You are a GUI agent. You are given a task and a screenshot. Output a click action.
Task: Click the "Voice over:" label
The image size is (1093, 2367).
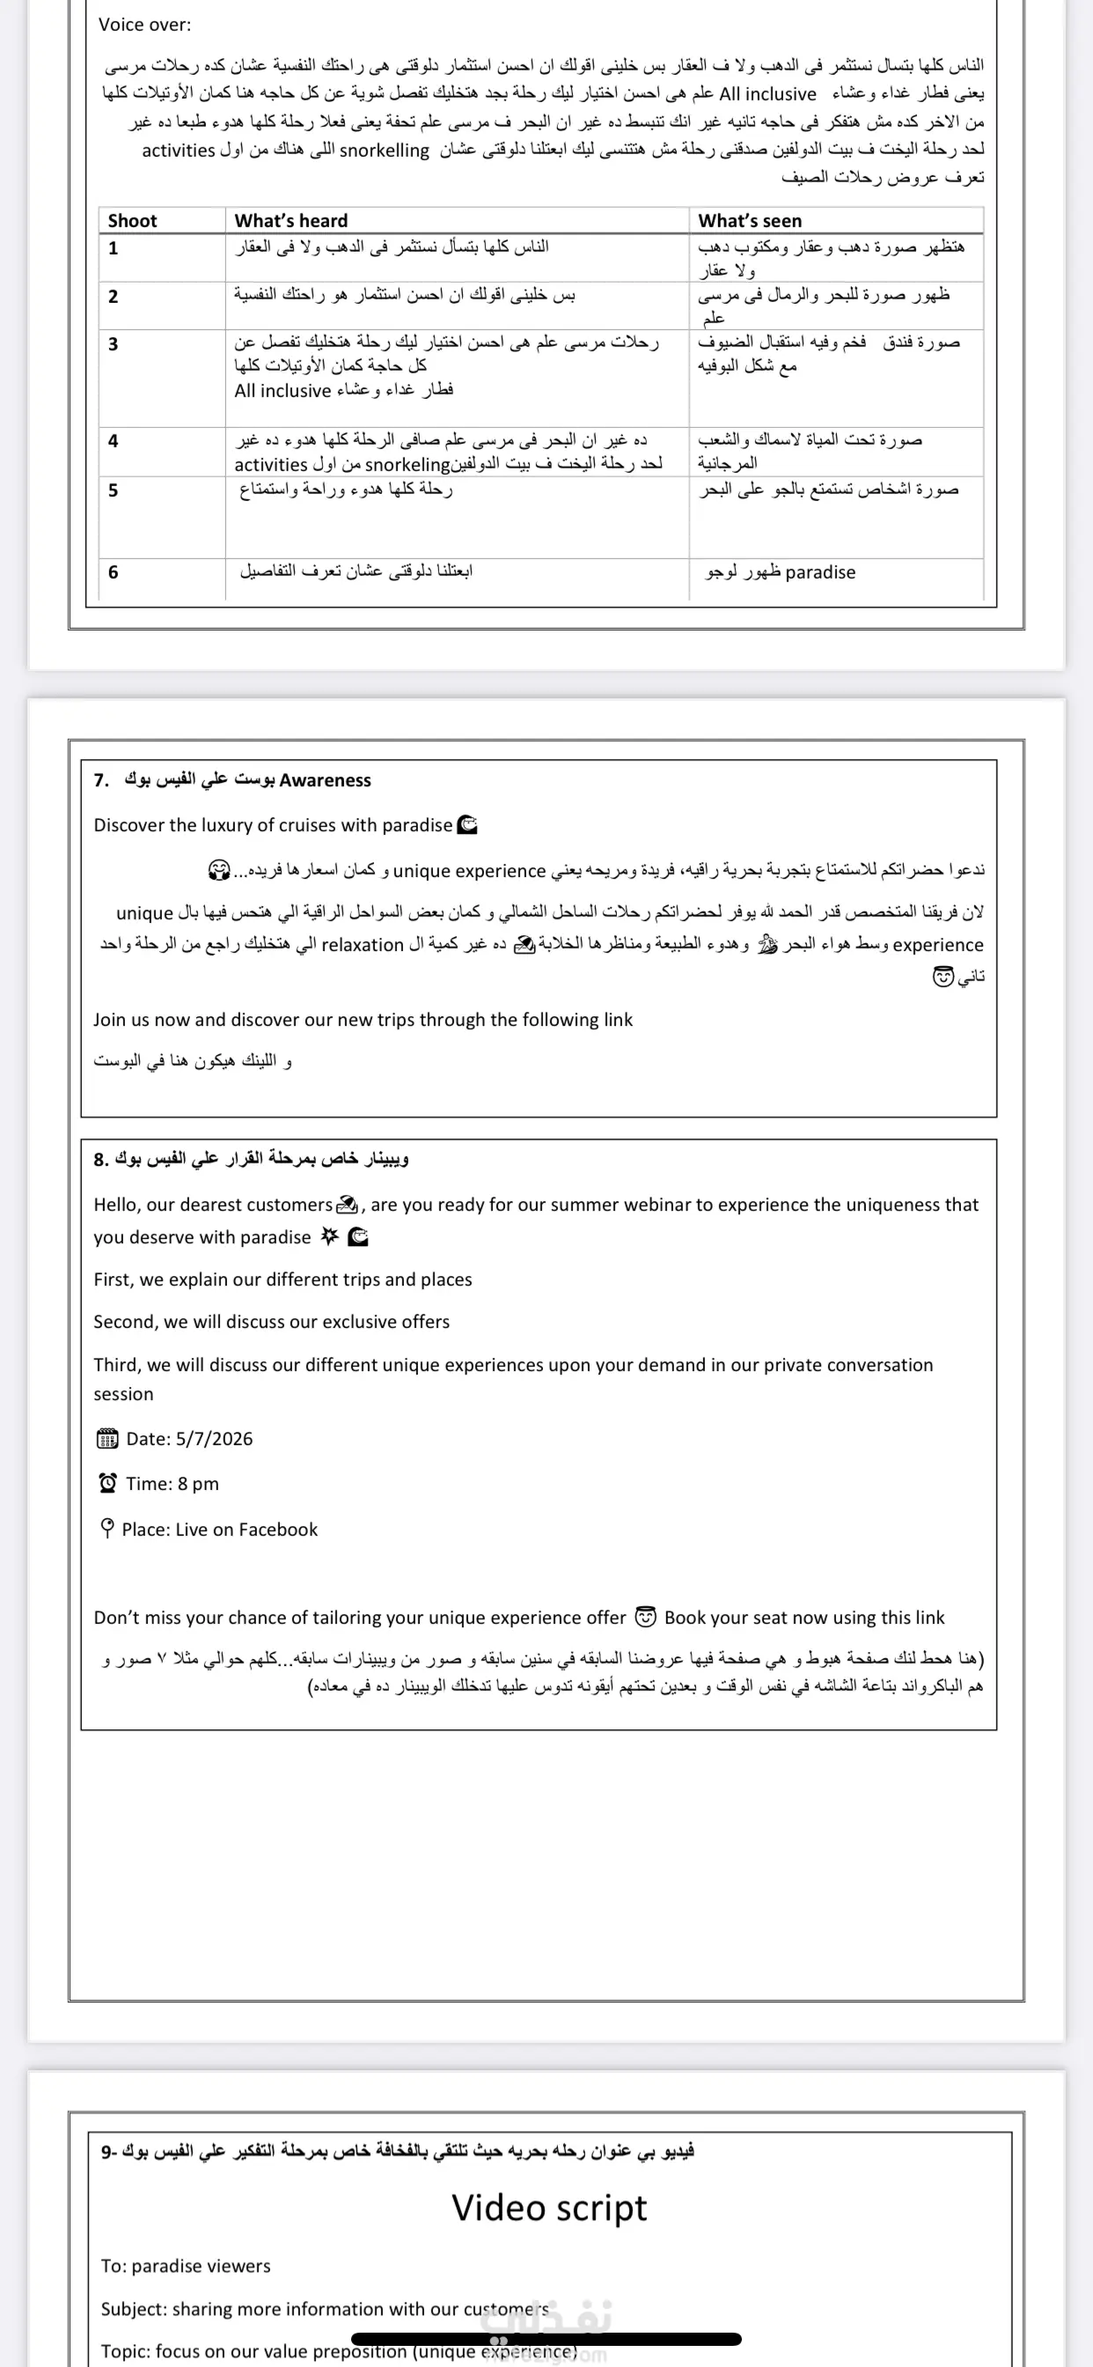(145, 25)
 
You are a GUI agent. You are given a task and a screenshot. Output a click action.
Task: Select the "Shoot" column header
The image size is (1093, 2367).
(132, 220)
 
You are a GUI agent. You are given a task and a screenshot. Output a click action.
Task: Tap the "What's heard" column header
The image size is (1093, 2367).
(291, 220)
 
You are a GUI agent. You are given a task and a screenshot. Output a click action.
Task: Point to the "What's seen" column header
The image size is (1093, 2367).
(750, 220)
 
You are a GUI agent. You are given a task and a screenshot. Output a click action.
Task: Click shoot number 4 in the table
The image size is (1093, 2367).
(113, 441)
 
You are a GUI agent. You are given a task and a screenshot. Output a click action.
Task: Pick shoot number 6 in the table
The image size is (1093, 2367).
(113, 571)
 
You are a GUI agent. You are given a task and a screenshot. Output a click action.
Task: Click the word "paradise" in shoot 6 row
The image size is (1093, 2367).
(820, 572)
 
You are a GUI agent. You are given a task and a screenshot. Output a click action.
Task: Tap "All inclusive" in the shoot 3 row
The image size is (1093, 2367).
(282, 390)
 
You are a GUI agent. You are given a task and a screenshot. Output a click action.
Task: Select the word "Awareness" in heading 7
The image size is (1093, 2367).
(325, 780)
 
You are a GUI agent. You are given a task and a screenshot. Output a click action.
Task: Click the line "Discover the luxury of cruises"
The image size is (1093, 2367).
(273, 825)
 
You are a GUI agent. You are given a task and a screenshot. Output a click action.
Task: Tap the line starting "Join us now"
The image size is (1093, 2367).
(363, 1019)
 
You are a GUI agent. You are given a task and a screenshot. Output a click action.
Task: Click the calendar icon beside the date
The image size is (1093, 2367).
(107, 1439)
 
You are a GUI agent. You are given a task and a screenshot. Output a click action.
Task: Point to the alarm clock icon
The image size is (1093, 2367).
(107, 1483)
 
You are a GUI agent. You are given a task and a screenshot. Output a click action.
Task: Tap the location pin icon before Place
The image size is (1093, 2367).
(107, 1528)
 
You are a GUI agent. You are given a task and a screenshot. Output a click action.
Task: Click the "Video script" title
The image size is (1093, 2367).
(549, 2207)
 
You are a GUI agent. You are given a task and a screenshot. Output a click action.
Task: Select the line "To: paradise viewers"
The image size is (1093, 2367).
(186, 2266)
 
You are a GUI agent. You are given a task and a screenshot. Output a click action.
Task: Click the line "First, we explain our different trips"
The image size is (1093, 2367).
(282, 1279)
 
